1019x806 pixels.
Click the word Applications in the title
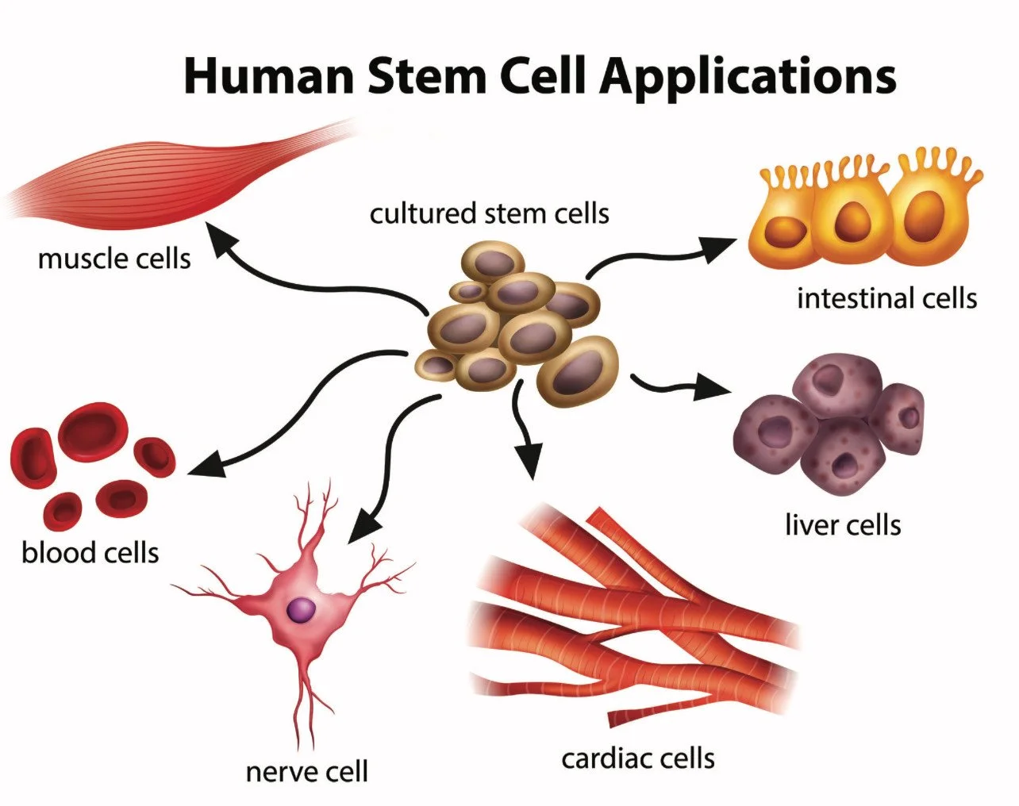pos(748,76)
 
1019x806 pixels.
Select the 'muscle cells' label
pos(114,259)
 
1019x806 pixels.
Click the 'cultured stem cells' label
pos(489,213)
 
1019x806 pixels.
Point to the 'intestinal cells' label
pos(886,298)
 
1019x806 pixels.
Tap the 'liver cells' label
pos(843,524)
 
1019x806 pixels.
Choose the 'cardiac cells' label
pos(638,758)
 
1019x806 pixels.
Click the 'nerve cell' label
pos(307,771)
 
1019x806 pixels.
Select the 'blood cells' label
pos(90,552)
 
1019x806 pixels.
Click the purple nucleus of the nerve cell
pos(300,609)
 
